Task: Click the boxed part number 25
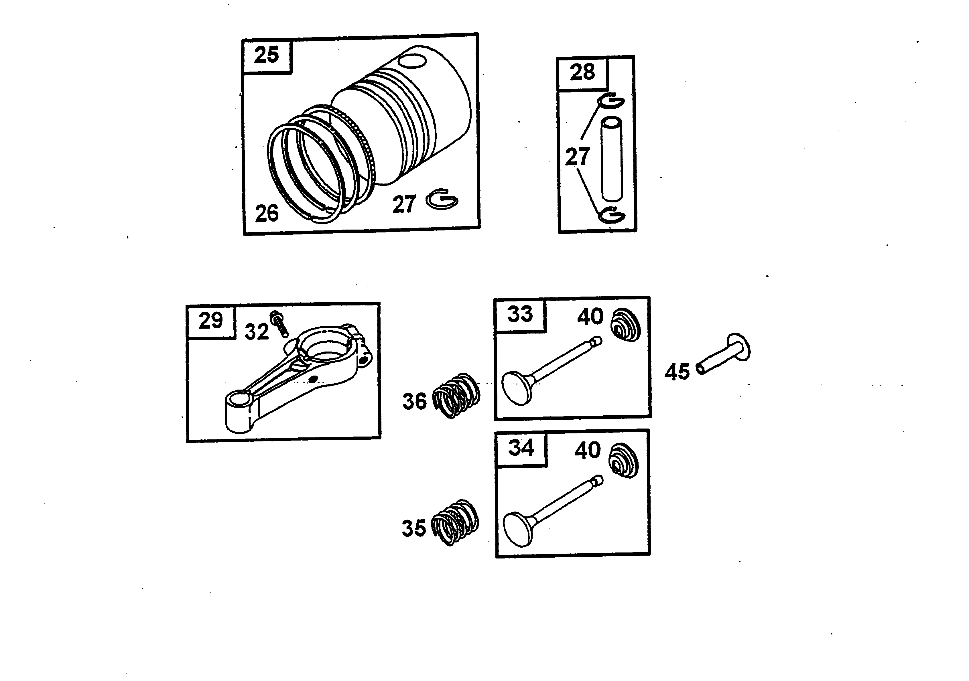click(x=266, y=55)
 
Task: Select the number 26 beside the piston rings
click(x=267, y=213)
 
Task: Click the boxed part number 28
click(x=582, y=72)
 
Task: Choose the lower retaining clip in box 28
click(x=612, y=216)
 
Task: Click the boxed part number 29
click(x=210, y=320)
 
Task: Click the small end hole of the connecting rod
click(x=239, y=399)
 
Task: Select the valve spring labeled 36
click(x=457, y=395)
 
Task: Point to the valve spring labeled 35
click(x=455, y=522)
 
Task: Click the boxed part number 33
click(x=520, y=314)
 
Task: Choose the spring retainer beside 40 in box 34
click(x=624, y=461)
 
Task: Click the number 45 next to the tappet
click(x=677, y=372)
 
